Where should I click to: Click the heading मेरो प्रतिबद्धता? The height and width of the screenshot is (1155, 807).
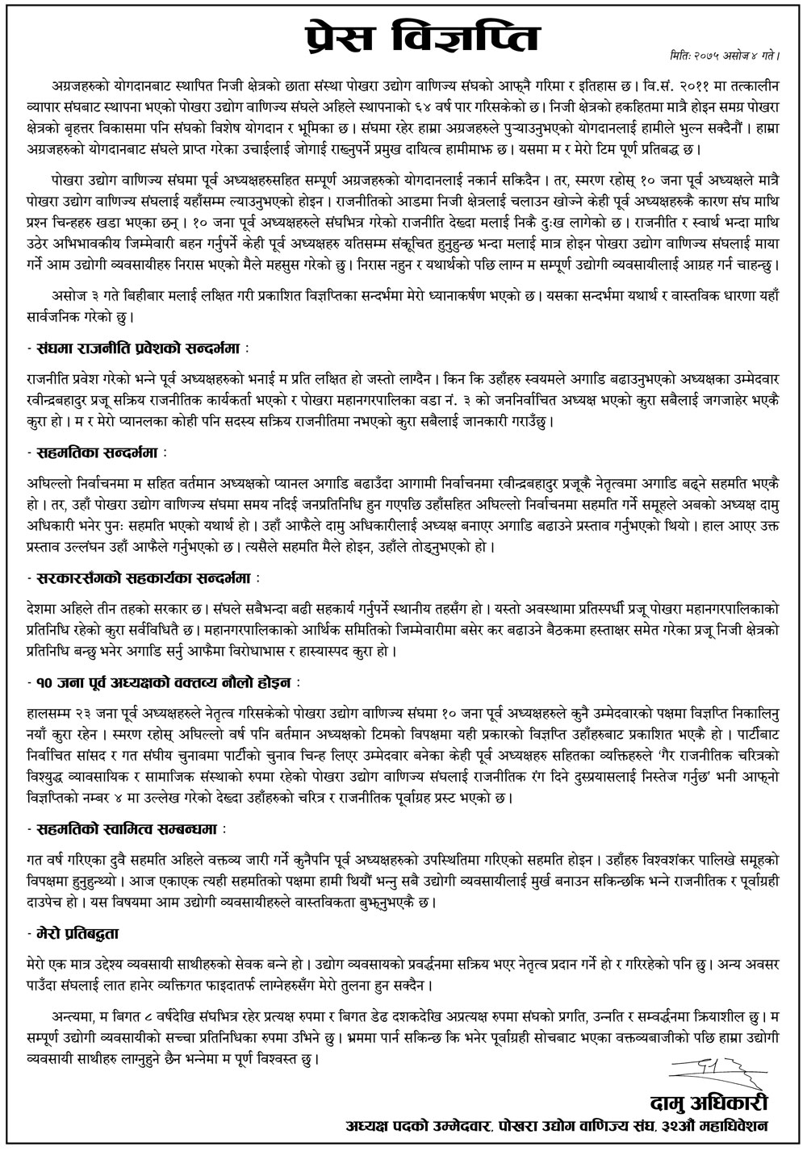coord(77,931)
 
